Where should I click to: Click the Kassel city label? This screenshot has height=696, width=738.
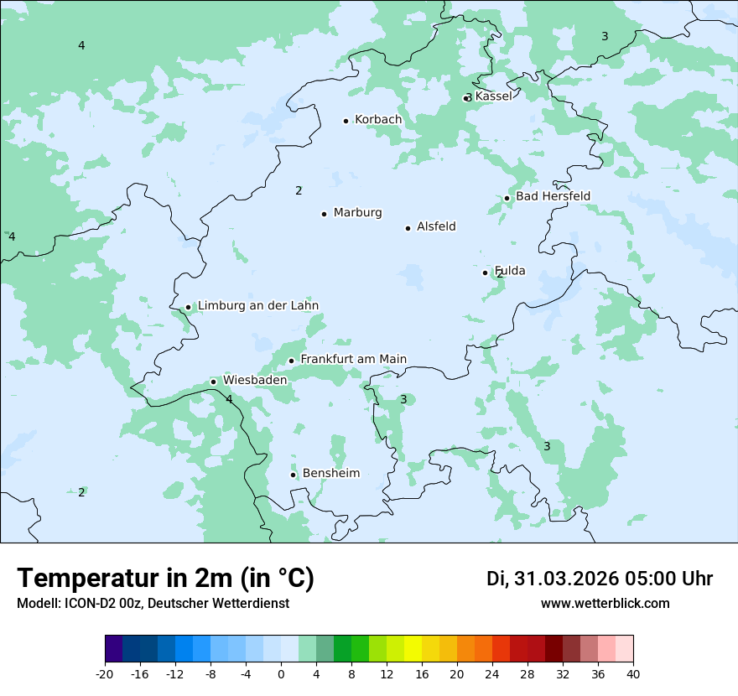pos(493,96)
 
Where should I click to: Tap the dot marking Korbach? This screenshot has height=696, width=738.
pos(346,121)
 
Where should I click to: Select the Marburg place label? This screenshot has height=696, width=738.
pos(357,213)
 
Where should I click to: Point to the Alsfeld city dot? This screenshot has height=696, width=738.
pos(408,228)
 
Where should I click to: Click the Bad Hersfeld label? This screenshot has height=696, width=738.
pos(553,196)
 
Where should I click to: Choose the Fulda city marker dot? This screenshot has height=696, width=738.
pos(485,273)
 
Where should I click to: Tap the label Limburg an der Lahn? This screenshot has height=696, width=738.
pos(257,306)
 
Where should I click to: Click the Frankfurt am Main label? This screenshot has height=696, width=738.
pos(353,360)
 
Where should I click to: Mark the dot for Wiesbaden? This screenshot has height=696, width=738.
pos(214,382)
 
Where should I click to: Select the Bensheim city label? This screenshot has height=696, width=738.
pos(330,474)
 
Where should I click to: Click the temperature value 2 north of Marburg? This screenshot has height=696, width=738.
pos(299,191)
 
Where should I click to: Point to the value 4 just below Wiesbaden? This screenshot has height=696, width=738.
pos(229,400)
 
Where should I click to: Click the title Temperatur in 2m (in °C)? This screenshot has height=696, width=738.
pos(166,579)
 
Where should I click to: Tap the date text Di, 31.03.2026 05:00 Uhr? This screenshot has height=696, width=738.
pos(600,579)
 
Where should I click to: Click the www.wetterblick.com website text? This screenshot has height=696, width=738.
pos(605,604)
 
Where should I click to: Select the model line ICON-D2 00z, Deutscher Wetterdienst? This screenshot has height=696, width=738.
pos(153,604)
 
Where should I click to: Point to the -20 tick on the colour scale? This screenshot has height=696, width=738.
pos(105,674)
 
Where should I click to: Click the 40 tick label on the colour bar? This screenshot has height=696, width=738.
pos(633,674)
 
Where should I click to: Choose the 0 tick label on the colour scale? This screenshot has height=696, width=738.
pos(281,674)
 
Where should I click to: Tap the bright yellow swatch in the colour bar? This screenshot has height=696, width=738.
pos(413,649)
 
